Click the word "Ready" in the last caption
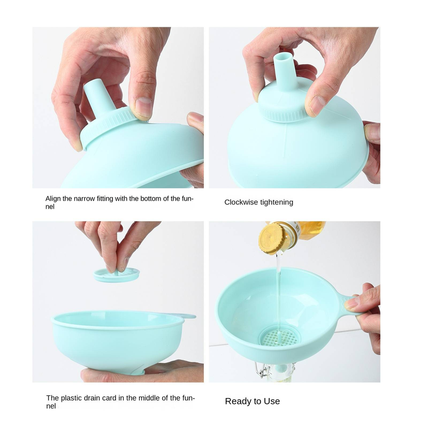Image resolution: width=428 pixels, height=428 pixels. point(236,402)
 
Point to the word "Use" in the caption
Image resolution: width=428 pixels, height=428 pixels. point(272,401)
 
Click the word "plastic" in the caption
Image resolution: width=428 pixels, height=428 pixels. point(71,398)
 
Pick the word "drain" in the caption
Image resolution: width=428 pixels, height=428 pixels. point(91,398)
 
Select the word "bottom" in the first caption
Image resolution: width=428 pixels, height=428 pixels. point(151,198)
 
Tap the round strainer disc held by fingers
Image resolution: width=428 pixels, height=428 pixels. point(117,274)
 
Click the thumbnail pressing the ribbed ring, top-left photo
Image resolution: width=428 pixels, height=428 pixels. point(144,108)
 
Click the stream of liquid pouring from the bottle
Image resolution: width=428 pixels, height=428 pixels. point(278,294)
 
